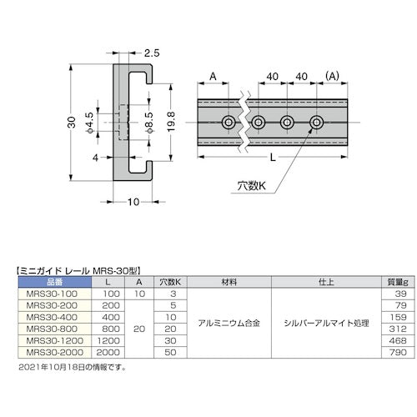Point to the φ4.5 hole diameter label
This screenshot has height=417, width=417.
tap(89, 126)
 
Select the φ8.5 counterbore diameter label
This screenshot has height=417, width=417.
tap(148, 126)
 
